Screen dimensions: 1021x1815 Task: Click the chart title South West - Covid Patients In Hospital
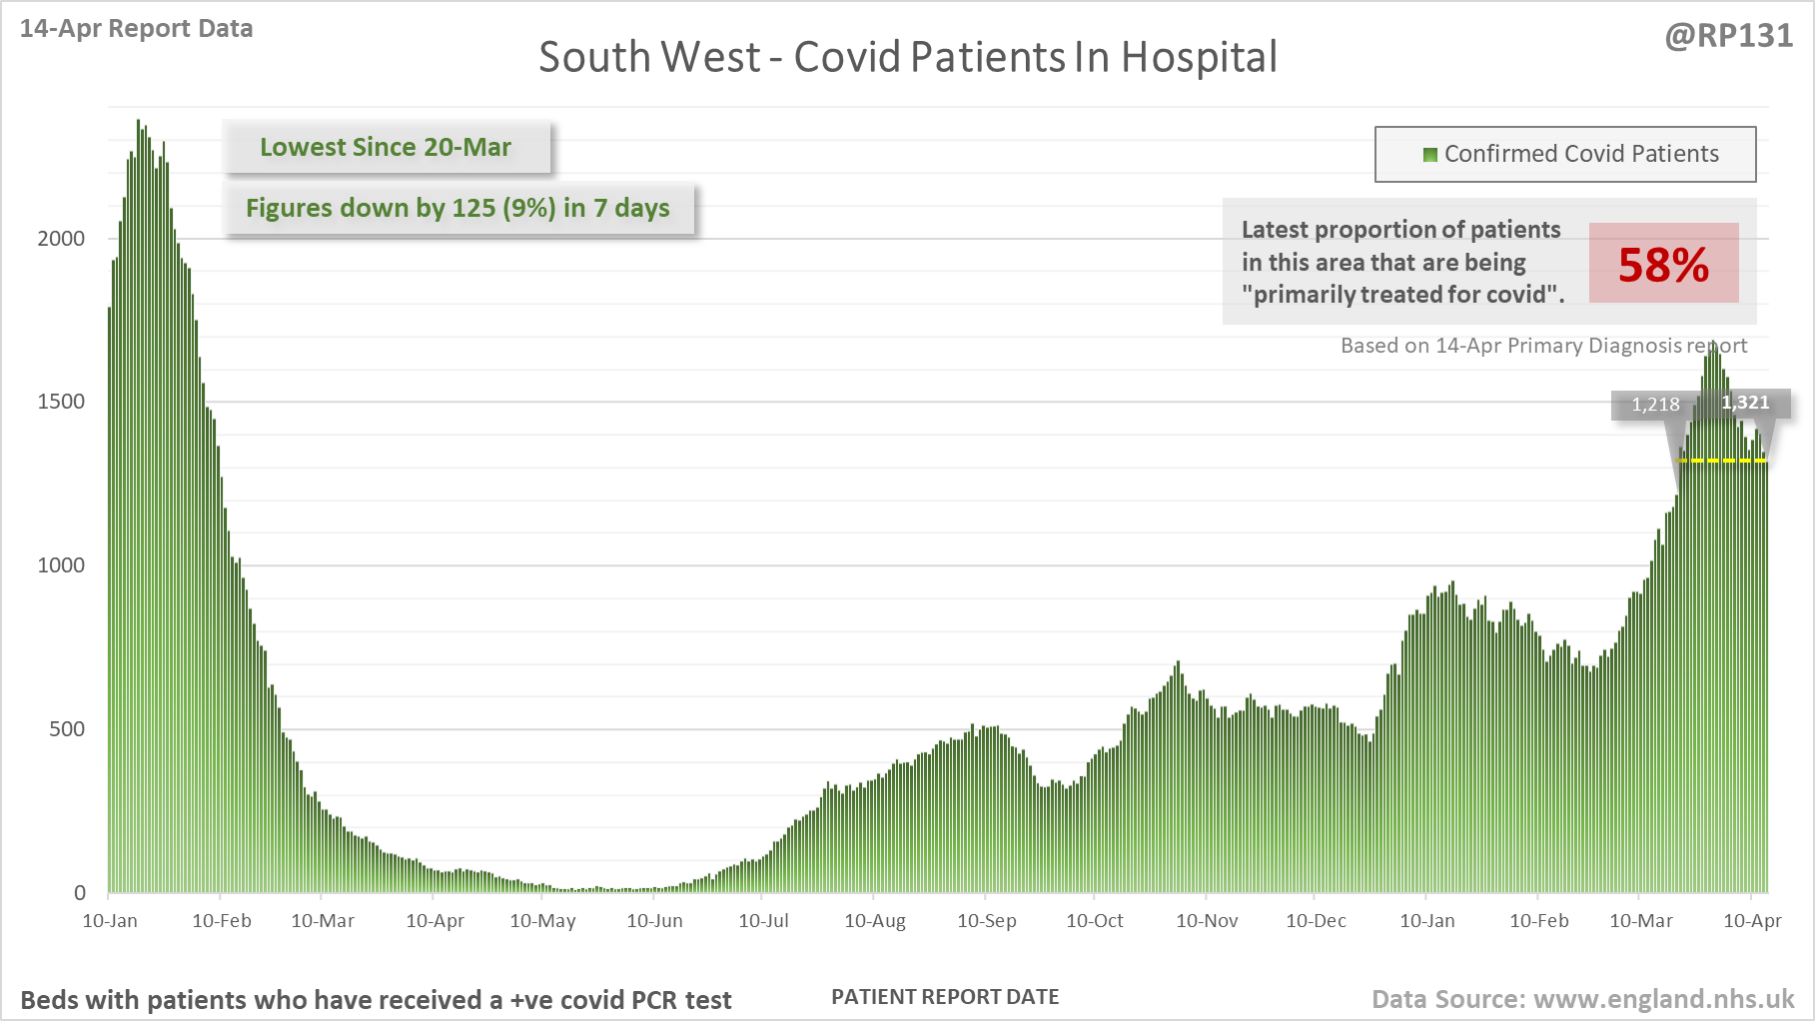pos(907,57)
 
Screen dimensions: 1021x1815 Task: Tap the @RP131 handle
pos(1728,36)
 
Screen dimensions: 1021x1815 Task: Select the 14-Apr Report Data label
pos(136,29)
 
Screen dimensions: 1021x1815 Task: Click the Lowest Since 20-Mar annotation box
pos(386,147)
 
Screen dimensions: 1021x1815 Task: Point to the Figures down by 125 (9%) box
pos(458,208)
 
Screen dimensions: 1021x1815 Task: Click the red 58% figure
pos(1663,265)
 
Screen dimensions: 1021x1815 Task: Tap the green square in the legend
pos(1429,155)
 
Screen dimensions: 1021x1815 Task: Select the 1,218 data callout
pos(1655,405)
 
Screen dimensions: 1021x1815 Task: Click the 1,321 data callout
pos(1745,403)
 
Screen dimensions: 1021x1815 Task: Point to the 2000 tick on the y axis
pos(61,238)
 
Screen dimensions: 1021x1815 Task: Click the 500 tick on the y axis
pos(67,729)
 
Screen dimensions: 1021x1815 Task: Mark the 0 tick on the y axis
pos(80,893)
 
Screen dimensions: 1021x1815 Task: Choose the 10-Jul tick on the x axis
pos(763,921)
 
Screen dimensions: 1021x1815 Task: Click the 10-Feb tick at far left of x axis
pos(222,921)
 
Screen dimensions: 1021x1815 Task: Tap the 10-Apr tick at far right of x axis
pos(1752,921)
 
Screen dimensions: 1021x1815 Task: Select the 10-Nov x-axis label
pos(1207,921)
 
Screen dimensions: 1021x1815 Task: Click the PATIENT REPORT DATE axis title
pos(945,997)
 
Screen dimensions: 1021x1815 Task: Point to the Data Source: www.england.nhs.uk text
pos(1582,999)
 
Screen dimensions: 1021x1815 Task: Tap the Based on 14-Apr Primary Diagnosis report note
pos(1543,346)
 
